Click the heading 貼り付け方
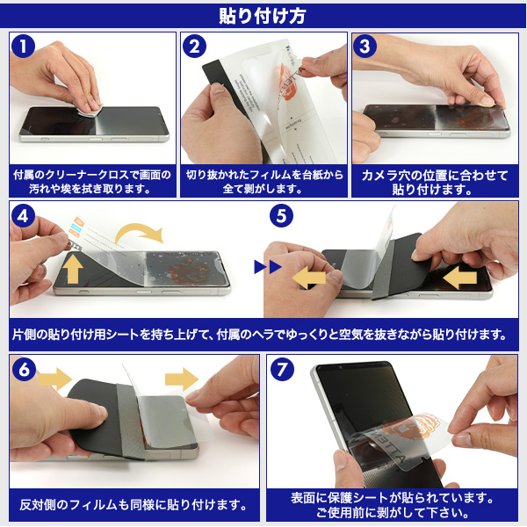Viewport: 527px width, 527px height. tap(262, 16)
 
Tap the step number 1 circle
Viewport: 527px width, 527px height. tap(23, 46)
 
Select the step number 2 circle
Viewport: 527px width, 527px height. tap(195, 46)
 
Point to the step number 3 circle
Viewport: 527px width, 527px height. tap(365, 46)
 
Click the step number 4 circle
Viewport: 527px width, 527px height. tap(23, 216)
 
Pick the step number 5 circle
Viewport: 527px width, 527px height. tap(281, 216)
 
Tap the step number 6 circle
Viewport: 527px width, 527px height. tap(24, 369)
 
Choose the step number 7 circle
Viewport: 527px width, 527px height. tap(282, 369)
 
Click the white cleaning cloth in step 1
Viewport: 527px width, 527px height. tap(90, 110)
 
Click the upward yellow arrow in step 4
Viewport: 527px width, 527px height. tap(73, 269)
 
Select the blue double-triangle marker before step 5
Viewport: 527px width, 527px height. tap(268, 267)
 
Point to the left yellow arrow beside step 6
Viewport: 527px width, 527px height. tap(54, 379)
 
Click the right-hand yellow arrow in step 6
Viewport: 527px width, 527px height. tap(182, 379)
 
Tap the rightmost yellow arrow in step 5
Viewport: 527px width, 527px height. tap(459, 278)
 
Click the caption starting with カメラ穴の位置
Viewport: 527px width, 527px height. tap(435, 182)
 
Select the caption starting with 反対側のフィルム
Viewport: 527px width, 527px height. tap(134, 505)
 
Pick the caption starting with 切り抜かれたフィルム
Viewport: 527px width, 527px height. tap(264, 182)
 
